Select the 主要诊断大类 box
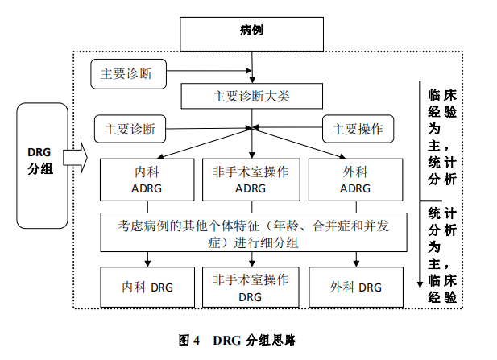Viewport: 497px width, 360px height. [x=251, y=95]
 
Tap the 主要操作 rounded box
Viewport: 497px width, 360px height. [x=357, y=128]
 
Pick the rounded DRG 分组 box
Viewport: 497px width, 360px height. [x=39, y=164]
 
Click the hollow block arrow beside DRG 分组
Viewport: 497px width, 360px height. [x=74, y=157]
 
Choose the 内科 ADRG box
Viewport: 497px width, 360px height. [x=148, y=180]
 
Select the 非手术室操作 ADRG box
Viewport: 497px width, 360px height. [x=251, y=180]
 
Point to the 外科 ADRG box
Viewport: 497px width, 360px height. [x=355, y=180]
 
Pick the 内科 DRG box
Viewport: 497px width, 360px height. [x=148, y=287]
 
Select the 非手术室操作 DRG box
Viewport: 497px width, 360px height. [x=251, y=287]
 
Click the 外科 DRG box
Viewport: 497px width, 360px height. [x=355, y=287]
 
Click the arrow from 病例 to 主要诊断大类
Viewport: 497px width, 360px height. [x=253, y=68]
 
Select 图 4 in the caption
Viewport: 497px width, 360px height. [x=188, y=341]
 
